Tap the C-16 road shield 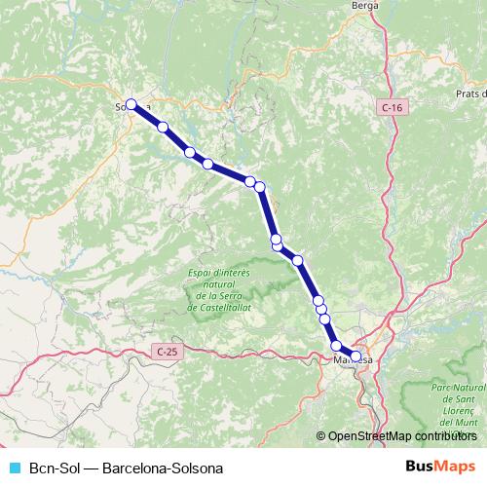point(392,106)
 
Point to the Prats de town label point(470,94)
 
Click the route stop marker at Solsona point(131,104)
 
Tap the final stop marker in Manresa point(356,356)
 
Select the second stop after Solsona point(190,153)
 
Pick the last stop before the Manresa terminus point(337,346)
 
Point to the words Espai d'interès point(220,274)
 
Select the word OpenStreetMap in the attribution point(369,436)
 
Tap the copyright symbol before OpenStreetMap point(321,436)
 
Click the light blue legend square point(15,468)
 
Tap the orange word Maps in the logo point(457,467)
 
